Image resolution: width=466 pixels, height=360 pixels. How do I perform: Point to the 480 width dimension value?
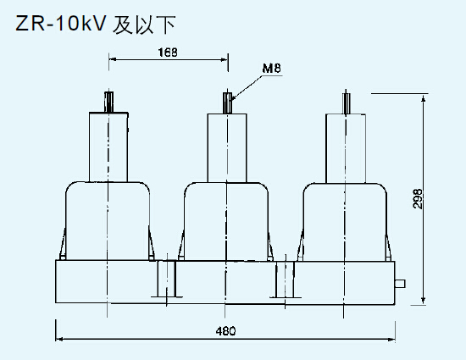point(225,330)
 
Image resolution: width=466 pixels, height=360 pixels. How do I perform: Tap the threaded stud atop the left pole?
point(109,101)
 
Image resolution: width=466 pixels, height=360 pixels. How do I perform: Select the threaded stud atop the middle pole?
point(227,101)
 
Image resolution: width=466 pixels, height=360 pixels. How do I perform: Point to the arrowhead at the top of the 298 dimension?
point(424,97)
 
